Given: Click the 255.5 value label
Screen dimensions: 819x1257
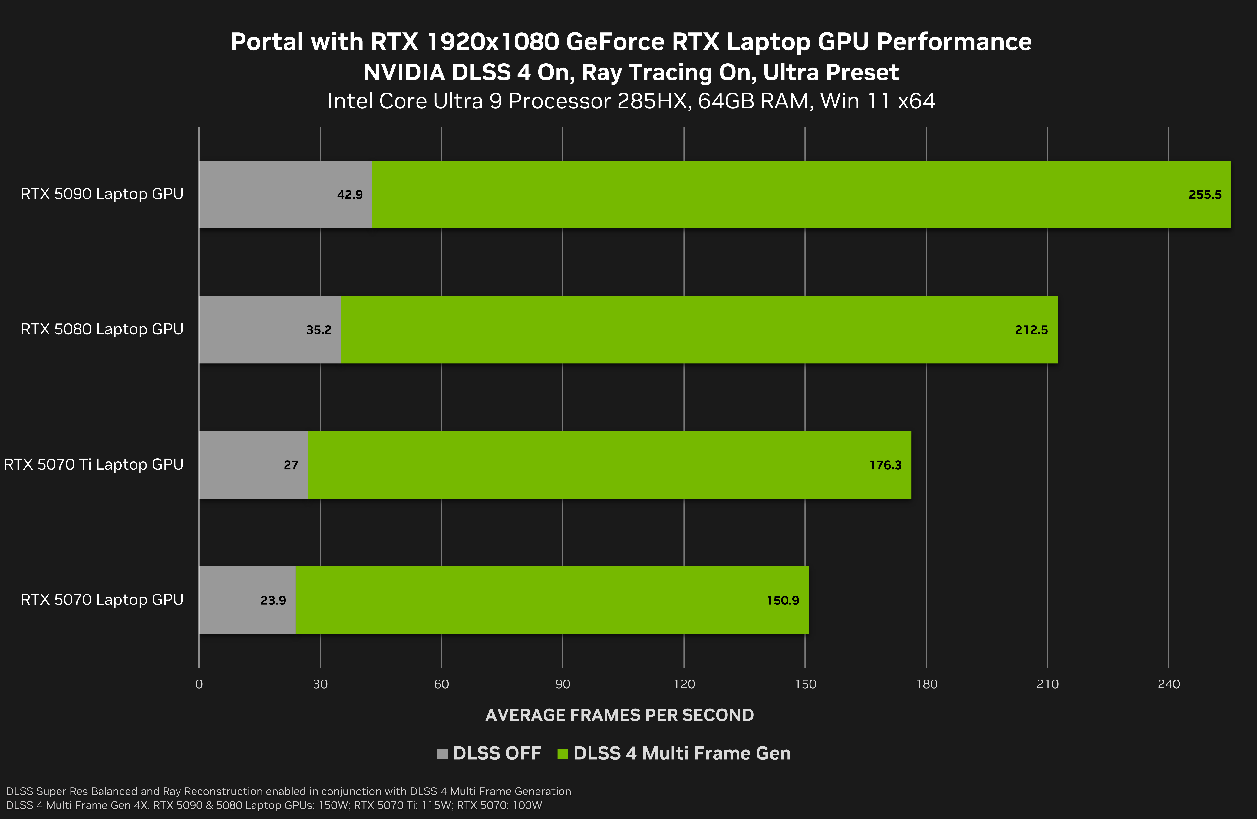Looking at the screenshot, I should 1205,195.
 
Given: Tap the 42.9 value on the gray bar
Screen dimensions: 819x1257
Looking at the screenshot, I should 350,195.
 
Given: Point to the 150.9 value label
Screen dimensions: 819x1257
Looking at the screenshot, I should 783,600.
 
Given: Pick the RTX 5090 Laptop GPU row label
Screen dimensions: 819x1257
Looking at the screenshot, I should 102,194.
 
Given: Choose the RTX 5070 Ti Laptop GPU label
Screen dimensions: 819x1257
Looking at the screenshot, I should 94,464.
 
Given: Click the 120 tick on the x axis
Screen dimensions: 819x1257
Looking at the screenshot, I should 684,684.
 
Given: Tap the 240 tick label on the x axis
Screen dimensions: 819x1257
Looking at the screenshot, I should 1168,684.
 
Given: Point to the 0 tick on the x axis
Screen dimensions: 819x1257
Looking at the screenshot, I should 199,684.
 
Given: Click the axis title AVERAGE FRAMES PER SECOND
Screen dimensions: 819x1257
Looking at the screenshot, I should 619,715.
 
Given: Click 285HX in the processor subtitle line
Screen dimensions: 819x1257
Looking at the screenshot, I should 654,101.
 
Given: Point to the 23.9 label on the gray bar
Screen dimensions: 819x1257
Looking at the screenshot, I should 273,600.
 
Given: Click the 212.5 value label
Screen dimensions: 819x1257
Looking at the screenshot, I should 1031,330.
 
